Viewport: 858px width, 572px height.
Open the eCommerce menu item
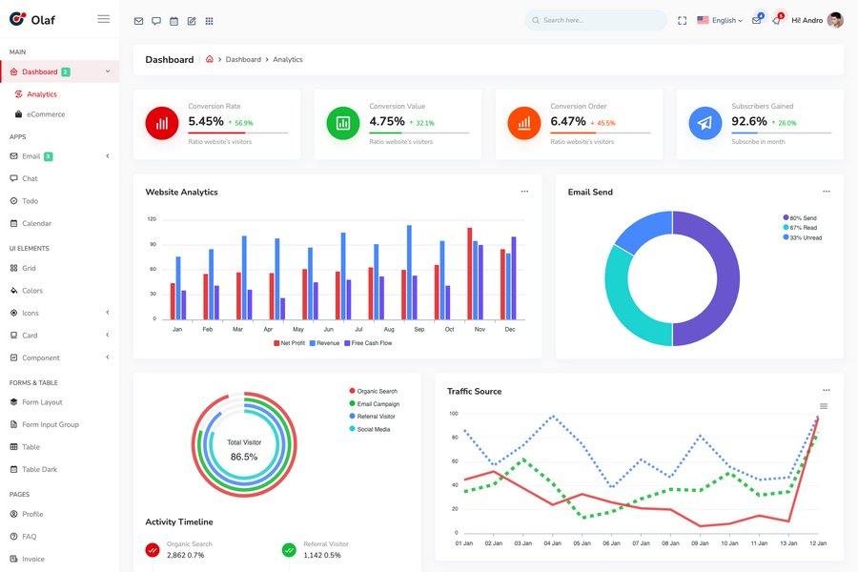click(x=46, y=114)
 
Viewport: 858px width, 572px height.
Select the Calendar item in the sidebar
click(x=36, y=223)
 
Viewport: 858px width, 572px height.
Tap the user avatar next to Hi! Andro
click(x=835, y=20)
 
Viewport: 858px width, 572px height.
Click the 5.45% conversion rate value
click(x=206, y=121)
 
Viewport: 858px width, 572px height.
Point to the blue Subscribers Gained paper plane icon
click(x=705, y=123)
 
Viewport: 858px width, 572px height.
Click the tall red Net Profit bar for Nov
click(x=470, y=274)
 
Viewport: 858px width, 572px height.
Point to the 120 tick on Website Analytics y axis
click(x=152, y=219)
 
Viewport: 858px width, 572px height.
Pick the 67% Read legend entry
click(x=803, y=228)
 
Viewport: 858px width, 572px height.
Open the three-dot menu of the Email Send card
click(x=826, y=192)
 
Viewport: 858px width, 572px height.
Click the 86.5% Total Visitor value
click(x=244, y=457)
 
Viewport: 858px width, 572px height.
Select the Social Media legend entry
click(x=373, y=429)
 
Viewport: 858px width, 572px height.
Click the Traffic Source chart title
click(x=474, y=391)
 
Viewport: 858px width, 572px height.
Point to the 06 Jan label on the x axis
click(x=612, y=543)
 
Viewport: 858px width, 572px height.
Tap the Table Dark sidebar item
click(x=39, y=469)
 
